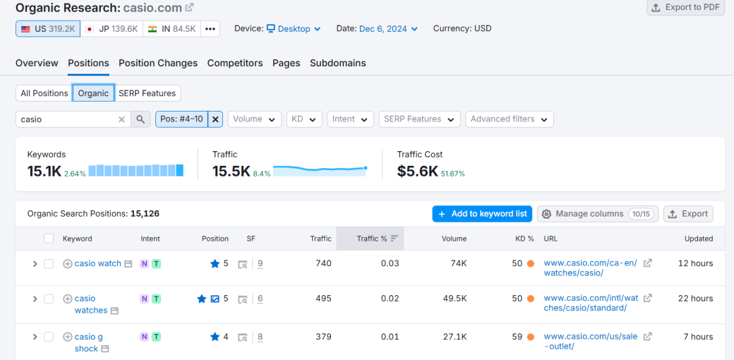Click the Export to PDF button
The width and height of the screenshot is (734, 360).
(686, 7)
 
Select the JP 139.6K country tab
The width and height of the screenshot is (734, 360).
(111, 29)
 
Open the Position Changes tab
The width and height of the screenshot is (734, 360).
(158, 63)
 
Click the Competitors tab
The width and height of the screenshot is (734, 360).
(235, 63)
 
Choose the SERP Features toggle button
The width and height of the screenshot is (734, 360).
(148, 93)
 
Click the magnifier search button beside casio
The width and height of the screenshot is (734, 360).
(140, 119)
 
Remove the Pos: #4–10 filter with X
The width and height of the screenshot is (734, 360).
(216, 119)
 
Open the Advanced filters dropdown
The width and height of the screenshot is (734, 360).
(509, 119)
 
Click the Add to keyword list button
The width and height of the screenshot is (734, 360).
(482, 214)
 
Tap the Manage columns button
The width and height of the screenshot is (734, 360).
(597, 214)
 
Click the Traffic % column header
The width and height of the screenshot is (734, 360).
(372, 239)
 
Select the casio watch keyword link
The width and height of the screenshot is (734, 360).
(98, 263)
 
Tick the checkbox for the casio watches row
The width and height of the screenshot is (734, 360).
(49, 299)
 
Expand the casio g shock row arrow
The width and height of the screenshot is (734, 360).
(35, 337)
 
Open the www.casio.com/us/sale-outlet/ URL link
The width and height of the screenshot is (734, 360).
(590, 341)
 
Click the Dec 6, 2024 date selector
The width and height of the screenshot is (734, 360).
(387, 29)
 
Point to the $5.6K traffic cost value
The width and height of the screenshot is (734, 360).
(417, 171)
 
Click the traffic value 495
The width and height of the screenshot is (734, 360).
(323, 299)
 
